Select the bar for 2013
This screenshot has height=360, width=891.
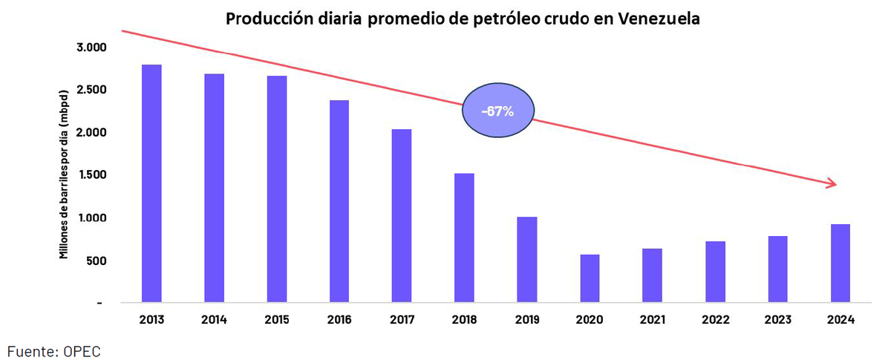[x=151, y=184]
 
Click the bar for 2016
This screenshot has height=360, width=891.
[x=339, y=202]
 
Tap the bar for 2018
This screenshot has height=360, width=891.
[x=465, y=238]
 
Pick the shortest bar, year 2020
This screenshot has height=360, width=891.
[x=590, y=279]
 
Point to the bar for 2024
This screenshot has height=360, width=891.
[x=841, y=264]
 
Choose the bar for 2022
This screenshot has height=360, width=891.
[x=716, y=272]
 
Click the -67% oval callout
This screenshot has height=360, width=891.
[x=497, y=112]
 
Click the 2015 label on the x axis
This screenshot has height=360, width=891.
[x=276, y=320]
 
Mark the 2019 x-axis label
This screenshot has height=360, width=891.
[x=527, y=320]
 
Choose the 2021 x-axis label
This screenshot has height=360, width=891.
[x=653, y=320]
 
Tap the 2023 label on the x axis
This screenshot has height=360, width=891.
[x=778, y=320]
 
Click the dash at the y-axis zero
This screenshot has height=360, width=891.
[x=99, y=304]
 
